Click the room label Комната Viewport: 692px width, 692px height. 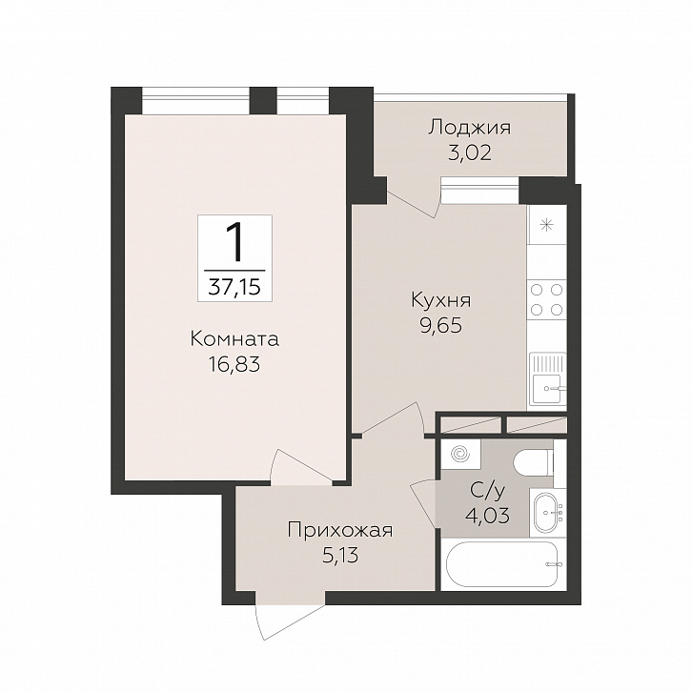[234, 339]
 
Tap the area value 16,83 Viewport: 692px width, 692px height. [234, 364]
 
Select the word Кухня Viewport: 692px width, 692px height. [441, 300]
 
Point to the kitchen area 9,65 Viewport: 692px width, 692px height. [441, 326]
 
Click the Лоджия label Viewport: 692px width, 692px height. [470, 129]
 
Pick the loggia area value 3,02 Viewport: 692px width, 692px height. [470, 153]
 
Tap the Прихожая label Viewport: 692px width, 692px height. [340, 531]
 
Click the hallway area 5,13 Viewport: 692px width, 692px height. [340, 556]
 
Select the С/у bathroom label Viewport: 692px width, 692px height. [488, 490]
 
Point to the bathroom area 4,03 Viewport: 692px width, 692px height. [488, 515]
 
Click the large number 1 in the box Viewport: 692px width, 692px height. [234, 242]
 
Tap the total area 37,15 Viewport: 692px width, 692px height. [234, 287]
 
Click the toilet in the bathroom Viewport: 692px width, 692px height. [534, 462]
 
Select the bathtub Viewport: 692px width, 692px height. [502, 564]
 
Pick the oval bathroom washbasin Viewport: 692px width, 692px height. [548, 513]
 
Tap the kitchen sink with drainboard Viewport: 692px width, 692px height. [548, 378]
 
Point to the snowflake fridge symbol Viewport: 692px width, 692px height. [547, 226]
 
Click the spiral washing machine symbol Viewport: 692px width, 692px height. [460, 454]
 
